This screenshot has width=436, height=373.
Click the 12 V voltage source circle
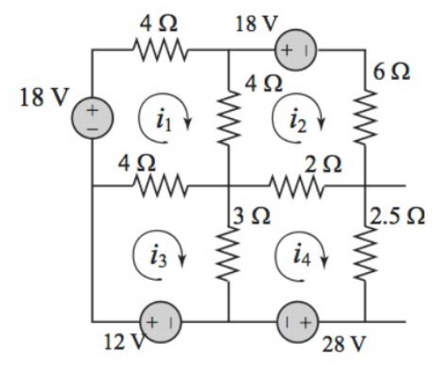point(161,322)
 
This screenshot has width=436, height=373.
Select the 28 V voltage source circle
point(298,322)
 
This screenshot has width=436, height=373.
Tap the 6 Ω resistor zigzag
point(365,117)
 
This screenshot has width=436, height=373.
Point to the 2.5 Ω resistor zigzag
point(365,253)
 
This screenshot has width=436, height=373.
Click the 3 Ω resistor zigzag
point(228,253)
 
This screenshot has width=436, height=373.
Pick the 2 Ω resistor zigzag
point(297,186)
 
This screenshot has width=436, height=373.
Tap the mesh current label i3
point(158,256)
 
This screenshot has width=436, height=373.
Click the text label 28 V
point(343,345)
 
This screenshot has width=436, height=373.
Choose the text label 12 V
point(124,342)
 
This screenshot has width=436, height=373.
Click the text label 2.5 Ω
point(398,216)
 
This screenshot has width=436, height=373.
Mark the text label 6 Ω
point(392,72)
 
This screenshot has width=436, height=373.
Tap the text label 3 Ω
point(252,216)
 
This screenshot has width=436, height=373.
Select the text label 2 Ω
point(323,164)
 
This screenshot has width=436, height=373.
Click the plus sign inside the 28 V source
point(305,322)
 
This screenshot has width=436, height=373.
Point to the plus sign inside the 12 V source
point(152,322)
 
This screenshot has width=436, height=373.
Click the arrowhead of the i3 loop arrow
point(182,261)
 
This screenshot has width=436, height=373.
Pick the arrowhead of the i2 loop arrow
point(322,125)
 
